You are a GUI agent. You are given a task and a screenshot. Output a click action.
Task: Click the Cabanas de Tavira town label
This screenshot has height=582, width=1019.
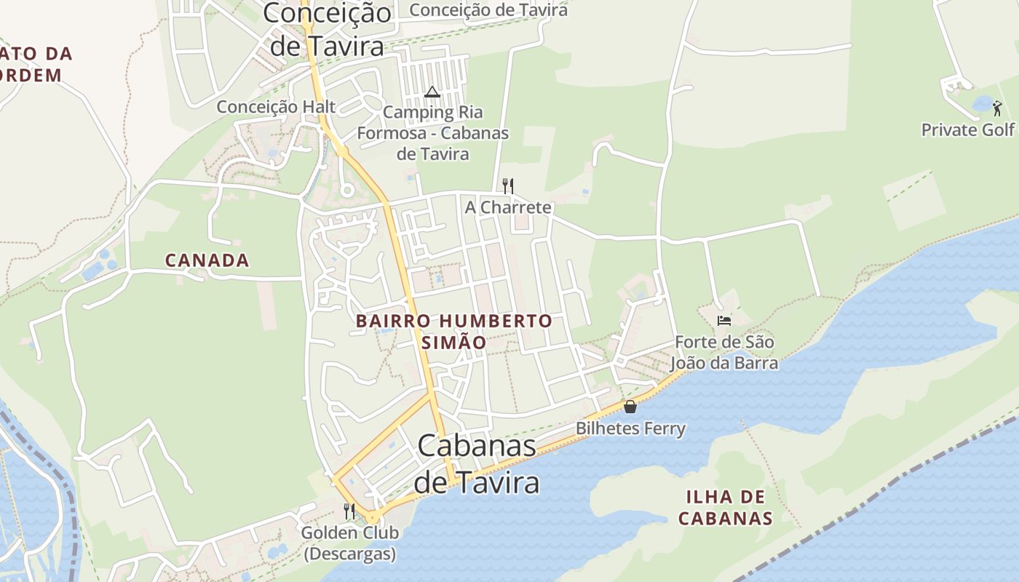(x=477, y=464)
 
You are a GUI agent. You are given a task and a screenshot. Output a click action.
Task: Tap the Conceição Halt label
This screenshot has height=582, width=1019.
(x=276, y=107)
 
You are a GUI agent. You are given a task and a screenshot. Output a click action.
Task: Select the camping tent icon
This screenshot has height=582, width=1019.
(x=432, y=92)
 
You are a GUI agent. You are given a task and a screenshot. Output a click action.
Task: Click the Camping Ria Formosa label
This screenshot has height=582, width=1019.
(x=432, y=133)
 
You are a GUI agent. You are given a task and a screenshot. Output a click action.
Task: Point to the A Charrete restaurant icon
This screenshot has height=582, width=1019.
(x=508, y=186)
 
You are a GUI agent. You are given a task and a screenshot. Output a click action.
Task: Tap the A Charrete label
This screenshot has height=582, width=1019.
(x=508, y=207)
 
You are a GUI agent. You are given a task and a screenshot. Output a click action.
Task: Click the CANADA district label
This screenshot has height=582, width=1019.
(x=207, y=260)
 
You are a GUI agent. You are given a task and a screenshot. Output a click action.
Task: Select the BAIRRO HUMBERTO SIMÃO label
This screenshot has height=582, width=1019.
(x=453, y=331)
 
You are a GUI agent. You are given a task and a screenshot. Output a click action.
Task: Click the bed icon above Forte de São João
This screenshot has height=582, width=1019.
(x=723, y=320)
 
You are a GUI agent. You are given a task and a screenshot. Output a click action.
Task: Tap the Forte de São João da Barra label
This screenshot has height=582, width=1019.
(x=723, y=352)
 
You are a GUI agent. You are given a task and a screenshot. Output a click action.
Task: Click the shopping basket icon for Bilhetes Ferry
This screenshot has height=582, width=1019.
(x=630, y=407)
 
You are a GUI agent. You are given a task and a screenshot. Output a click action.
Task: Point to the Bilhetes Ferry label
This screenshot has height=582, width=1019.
(x=630, y=428)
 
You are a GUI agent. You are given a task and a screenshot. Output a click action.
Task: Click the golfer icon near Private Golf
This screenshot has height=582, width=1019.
(x=997, y=109)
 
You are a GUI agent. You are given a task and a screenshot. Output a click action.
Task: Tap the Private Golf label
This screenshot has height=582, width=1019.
(x=967, y=130)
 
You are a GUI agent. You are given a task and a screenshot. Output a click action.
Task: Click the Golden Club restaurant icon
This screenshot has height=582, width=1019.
(x=349, y=511)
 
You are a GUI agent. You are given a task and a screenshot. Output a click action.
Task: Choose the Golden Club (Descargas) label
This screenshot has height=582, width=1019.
(x=349, y=543)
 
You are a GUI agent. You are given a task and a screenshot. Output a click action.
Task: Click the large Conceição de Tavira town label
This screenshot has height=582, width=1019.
(x=327, y=29)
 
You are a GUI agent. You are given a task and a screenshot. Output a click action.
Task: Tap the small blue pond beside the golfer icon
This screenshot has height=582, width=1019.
(x=982, y=104)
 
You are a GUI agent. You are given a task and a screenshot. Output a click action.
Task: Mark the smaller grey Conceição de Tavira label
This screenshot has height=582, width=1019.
(x=488, y=10)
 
